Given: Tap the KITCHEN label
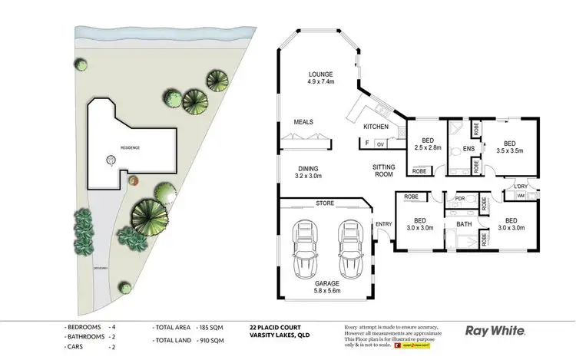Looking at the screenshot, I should click(376, 126).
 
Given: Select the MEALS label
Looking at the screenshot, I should click(303, 121).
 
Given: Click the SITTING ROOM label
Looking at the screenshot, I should click(383, 170).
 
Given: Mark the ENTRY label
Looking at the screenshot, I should click(383, 223).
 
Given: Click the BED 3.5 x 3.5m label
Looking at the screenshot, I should click(509, 147).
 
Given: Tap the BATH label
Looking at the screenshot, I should click(463, 224).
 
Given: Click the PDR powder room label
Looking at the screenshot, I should click(461, 199).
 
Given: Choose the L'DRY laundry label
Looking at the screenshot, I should click(520, 187).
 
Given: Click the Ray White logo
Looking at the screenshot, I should click(495, 332).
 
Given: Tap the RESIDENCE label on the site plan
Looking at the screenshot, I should click(129, 147).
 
